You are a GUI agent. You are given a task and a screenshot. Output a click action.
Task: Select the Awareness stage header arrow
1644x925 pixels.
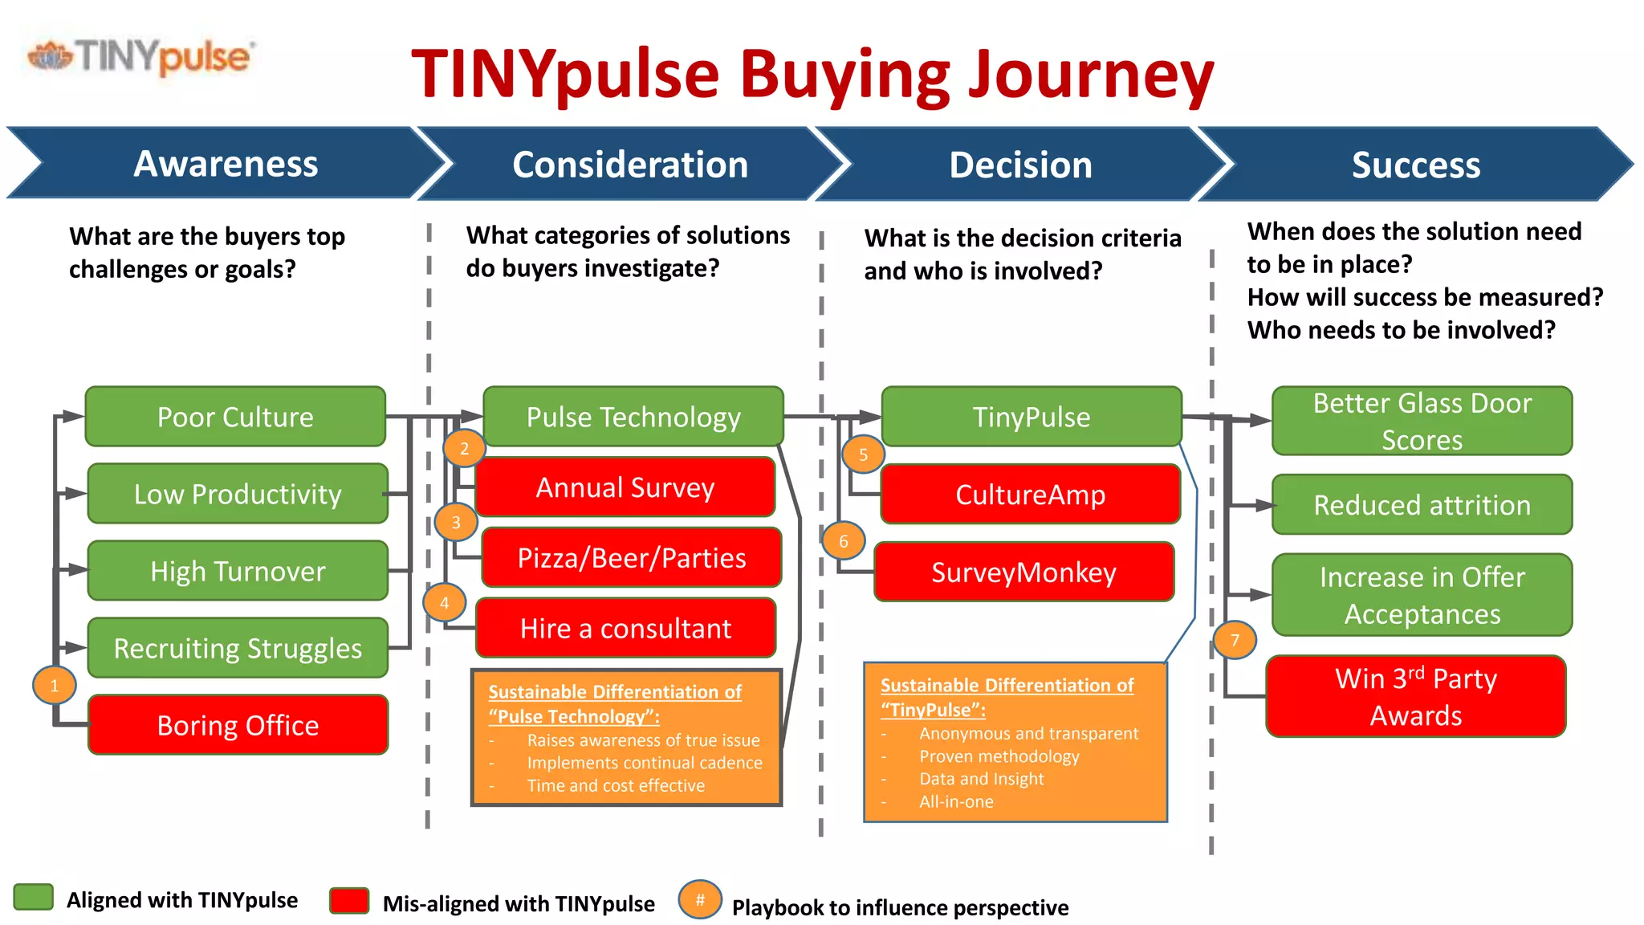click(x=225, y=164)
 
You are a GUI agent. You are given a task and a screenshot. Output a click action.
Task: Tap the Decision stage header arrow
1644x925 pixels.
click(x=1019, y=165)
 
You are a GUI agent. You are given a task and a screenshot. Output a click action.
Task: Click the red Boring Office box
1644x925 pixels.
click(x=238, y=724)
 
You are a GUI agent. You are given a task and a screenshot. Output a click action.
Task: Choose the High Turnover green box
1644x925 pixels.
click(x=238, y=571)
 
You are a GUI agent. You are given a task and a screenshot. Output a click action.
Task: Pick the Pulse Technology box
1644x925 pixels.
click(x=633, y=417)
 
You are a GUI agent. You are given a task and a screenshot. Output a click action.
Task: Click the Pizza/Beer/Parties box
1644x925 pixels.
click(x=632, y=557)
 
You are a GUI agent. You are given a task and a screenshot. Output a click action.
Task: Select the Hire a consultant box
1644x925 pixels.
click(x=625, y=628)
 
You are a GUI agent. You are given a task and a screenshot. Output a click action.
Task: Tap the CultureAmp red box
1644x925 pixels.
click(x=1030, y=495)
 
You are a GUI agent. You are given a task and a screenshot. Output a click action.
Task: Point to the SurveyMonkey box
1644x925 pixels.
click(x=1023, y=572)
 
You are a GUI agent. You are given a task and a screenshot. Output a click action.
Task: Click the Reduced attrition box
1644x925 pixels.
click(x=1422, y=505)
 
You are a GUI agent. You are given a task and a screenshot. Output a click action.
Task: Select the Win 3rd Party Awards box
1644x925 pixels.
click(x=1416, y=696)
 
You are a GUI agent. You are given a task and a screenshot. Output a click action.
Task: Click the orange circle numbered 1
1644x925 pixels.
click(x=55, y=686)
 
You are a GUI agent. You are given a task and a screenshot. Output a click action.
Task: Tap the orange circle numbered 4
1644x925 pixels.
click(x=444, y=602)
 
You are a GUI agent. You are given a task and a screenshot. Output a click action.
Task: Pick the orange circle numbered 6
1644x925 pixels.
click(x=843, y=541)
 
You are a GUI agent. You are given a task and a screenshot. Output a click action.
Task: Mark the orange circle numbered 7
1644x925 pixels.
click(x=1235, y=640)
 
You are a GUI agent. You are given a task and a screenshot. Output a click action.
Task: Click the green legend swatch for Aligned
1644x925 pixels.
click(x=34, y=898)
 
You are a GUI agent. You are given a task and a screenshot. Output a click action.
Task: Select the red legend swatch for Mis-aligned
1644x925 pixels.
click(x=349, y=901)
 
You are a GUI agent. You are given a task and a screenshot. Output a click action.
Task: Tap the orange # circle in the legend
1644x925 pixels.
click(x=700, y=900)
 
